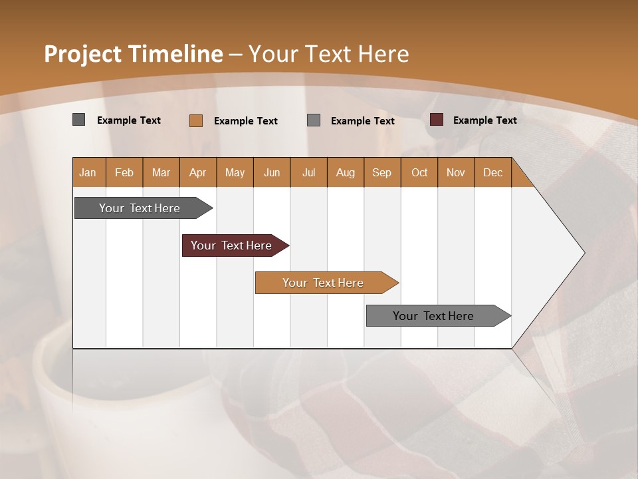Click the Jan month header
tap(88, 172)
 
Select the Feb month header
tap(124, 172)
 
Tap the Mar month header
tap(161, 172)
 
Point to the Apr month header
tap(198, 172)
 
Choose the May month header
tap(235, 172)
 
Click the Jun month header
tap(272, 172)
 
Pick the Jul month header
tap(308, 172)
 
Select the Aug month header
tap(346, 172)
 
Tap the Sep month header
tap(382, 172)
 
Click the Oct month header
tap(419, 172)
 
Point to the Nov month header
tap(456, 172)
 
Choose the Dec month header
tap(493, 172)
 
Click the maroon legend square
tap(437, 120)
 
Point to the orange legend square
tap(196, 120)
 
